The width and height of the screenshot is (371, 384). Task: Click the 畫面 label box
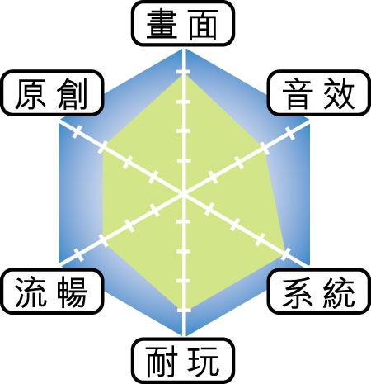[183, 24]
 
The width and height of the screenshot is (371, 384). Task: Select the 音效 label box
[319, 92]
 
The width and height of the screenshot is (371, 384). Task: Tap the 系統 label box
[319, 292]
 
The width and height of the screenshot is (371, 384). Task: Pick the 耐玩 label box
[183, 361]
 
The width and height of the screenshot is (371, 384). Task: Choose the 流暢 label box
[52, 292]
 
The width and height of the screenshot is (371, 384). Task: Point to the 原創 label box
[52, 92]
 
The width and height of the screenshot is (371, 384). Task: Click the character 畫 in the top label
[162, 24]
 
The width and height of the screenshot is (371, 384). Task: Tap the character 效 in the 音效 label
[339, 94]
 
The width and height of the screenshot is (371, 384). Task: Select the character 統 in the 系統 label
[339, 292]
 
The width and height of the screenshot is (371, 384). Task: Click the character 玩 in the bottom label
[204, 362]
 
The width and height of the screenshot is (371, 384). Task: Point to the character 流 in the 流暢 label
[31, 292]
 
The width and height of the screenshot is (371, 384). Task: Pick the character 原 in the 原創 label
[31, 94]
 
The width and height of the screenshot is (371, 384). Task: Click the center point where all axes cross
[184, 195]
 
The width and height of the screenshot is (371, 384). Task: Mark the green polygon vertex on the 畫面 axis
[184, 75]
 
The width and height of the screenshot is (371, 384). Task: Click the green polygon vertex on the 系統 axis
[285, 254]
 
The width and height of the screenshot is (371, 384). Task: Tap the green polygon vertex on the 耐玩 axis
[184, 311]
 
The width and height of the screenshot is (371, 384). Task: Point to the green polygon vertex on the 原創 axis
[102, 147]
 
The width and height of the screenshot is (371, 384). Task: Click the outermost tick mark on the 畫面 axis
[183, 72]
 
